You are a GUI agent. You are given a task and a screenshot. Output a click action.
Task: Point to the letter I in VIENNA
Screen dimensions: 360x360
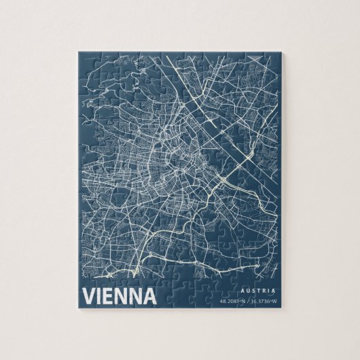click(99, 296)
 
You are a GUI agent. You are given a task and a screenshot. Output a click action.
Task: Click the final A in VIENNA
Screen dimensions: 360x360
click(149, 296)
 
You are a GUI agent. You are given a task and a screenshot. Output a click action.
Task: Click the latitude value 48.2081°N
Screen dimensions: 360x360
click(232, 300)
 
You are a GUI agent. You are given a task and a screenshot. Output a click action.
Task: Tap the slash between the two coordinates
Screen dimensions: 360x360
click(248, 300)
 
